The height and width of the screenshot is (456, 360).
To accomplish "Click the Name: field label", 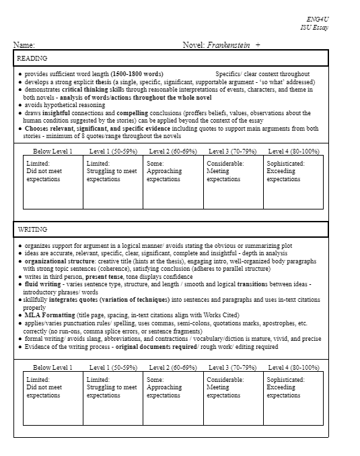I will tap(24, 45).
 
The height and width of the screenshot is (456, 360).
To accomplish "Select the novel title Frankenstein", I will tap(228, 45).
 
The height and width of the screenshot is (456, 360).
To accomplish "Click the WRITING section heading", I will tap(32, 230).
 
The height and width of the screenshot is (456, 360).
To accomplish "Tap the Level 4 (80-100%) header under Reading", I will tap(293, 152).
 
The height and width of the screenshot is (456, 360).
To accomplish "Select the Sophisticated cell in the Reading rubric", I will tap(293, 172).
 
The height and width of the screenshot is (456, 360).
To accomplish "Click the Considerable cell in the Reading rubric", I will tap(233, 172).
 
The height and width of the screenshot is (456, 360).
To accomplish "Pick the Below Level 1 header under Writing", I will tap(52, 368).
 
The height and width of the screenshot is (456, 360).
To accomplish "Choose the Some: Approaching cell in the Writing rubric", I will tap(173, 388).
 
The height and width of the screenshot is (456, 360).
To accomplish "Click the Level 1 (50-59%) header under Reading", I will tap(113, 152).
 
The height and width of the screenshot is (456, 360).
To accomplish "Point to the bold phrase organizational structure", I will tap(63, 261).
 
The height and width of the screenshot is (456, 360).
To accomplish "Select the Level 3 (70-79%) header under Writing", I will tap(233, 368).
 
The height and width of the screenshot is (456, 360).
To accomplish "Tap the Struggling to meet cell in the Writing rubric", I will tap(113, 388).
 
